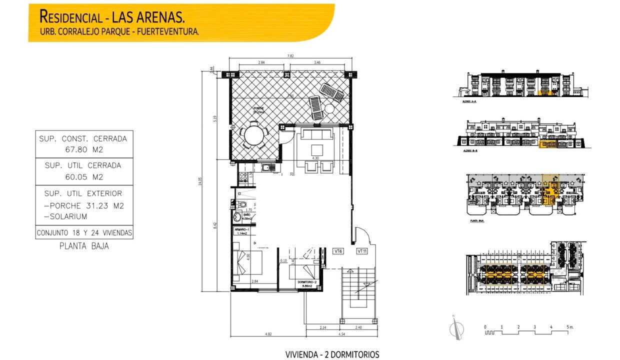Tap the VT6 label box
338,251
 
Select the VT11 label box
362,251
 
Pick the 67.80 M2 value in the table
84,149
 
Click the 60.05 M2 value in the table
84,176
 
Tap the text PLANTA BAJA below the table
84,246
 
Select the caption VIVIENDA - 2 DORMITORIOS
332,354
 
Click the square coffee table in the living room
317,150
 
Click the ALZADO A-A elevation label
469,101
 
